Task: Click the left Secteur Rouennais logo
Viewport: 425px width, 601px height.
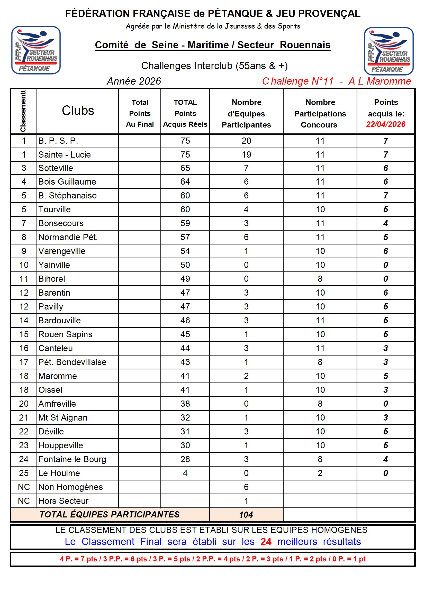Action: [36, 50]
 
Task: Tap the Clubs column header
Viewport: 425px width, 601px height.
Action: [78, 111]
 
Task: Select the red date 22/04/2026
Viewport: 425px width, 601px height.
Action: [385, 124]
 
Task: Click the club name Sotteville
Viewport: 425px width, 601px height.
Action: [56, 168]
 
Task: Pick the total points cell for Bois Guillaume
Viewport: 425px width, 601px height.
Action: [185, 182]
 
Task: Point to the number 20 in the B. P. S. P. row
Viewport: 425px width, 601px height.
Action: [246, 141]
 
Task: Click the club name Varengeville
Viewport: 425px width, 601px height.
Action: [62, 251]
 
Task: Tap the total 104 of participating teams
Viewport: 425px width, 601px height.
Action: [246, 515]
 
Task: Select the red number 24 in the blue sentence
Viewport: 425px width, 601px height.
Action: [266, 542]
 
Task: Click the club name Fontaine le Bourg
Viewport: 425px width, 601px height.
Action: [72, 459]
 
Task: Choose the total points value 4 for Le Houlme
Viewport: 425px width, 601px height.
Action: [185, 473]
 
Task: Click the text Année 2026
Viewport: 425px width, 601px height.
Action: [134, 81]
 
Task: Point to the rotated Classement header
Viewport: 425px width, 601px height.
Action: [23, 111]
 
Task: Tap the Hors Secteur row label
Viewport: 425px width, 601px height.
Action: [63, 501]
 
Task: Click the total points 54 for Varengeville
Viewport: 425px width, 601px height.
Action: [185, 251]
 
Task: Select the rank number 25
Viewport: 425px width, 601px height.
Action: [24, 473]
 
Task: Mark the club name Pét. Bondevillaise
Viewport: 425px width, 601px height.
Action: [72, 362]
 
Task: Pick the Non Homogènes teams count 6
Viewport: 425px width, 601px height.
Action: [246, 487]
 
